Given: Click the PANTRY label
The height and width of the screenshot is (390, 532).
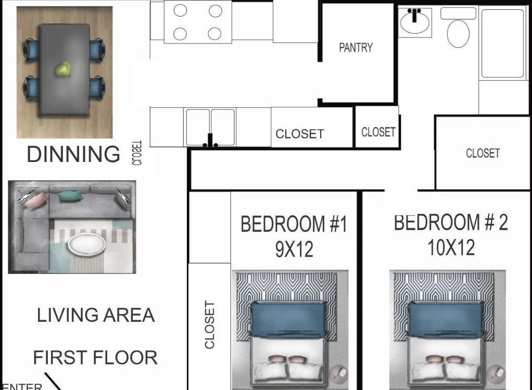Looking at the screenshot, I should tap(356, 48).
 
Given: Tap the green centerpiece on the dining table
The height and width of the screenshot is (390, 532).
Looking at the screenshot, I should tap(64, 69).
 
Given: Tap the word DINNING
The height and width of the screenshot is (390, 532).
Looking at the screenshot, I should tap(73, 155).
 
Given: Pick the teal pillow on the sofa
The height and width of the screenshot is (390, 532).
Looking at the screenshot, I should tap(70, 196).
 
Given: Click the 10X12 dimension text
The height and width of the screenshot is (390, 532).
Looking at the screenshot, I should tap(451, 248).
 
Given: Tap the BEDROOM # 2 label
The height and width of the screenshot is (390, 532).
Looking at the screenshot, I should tap(450, 222).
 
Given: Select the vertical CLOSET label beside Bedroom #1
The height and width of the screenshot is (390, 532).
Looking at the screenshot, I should tap(210, 324).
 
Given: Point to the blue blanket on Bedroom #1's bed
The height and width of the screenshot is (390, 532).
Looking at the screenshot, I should tap(288, 319).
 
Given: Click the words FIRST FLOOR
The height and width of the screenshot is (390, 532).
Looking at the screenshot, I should tap(95, 358).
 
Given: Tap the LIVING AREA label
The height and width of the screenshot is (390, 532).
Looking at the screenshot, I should tap(96, 315).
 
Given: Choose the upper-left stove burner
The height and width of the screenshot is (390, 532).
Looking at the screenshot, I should tap(180, 11).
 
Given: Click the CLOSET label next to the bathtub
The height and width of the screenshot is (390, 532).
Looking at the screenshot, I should tap(483, 153).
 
